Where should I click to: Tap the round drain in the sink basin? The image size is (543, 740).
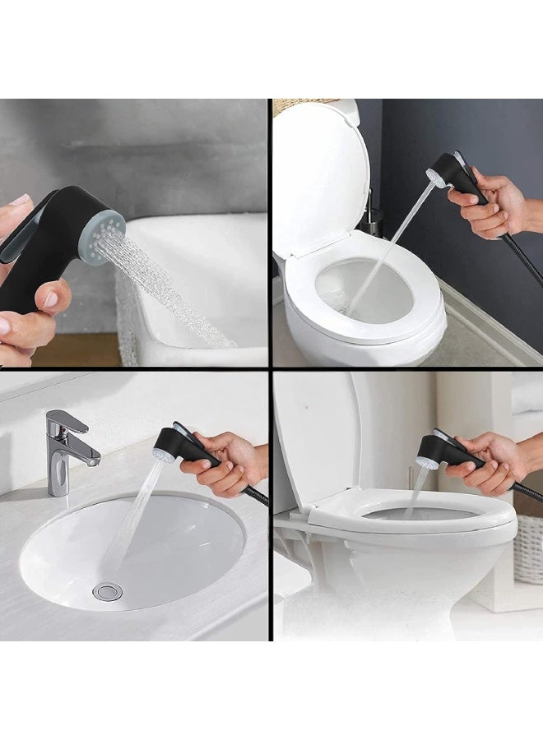click(x=108, y=592)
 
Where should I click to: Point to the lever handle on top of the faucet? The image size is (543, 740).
click(x=68, y=422)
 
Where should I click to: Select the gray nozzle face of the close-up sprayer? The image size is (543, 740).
click(x=102, y=235)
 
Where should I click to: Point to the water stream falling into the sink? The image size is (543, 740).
click(x=132, y=518)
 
